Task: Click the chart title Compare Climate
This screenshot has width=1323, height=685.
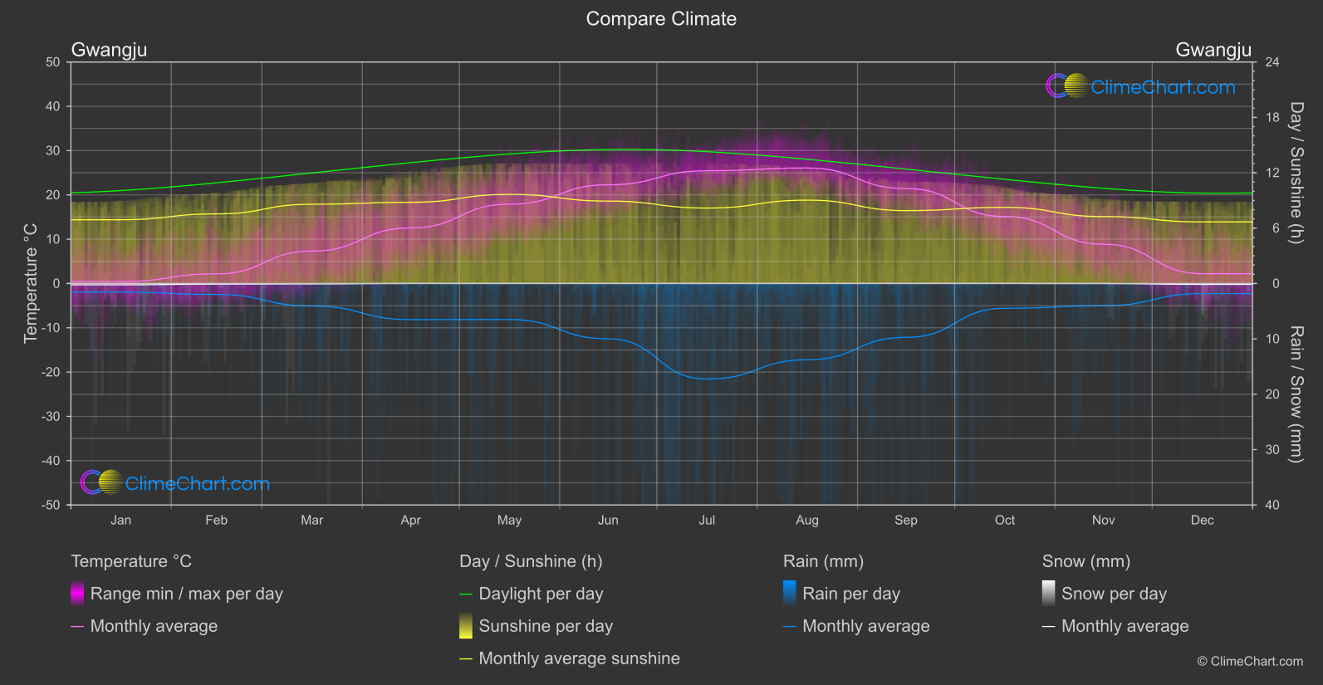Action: point(661,19)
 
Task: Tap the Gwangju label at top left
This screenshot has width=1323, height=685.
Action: point(109,50)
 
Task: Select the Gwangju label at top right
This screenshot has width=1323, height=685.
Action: point(1213,50)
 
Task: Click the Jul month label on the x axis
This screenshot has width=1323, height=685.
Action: point(707,521)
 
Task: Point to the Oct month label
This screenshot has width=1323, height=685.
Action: point(1004,521)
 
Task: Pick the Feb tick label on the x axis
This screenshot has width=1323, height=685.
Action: point(216,521)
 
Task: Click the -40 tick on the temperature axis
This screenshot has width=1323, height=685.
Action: point(51,461)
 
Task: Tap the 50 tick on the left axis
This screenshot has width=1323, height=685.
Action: point(53,62)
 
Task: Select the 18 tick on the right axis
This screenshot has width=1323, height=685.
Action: point(1272,118)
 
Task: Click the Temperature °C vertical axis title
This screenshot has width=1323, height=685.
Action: point(31,283)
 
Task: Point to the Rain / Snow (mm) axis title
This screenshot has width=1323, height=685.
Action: point(1296,394)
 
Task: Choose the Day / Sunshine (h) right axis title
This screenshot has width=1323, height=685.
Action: point(1296,173)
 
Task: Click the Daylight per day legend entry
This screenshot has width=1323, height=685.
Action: point(541,594)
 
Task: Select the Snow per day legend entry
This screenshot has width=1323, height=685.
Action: point(1114,594)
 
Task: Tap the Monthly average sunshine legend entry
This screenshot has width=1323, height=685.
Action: point(579,658)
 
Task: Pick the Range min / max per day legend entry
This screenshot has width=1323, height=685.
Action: point(186,594)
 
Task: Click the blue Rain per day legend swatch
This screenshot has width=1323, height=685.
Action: point(790,593)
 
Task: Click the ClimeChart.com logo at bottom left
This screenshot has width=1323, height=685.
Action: point(175,483)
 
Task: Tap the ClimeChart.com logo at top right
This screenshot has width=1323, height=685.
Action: point(1140,86)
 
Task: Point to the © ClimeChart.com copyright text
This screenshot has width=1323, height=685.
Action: point(1250,662)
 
